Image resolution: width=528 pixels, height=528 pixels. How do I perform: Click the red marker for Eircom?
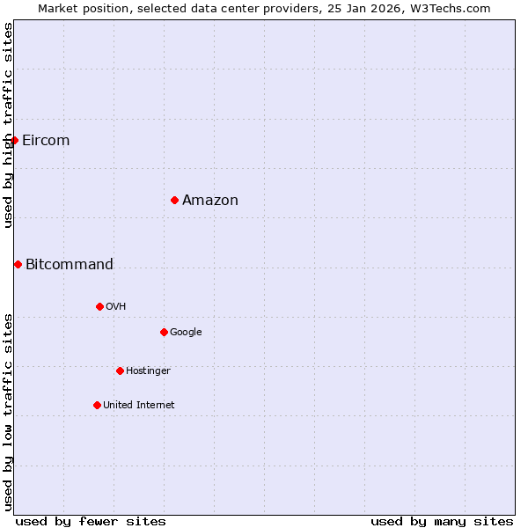(x=14, y=140)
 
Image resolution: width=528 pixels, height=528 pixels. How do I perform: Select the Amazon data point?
(x=174, y=201)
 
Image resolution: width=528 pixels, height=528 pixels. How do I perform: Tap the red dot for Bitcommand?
(x=18, y=264)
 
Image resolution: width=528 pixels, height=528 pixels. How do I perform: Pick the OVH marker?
(x=99, y=306)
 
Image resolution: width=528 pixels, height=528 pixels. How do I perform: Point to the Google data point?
(x=164, y=332)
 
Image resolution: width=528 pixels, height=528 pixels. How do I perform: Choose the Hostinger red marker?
(x=120, y=370)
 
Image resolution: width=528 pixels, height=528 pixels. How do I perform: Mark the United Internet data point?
(x=97, y=405)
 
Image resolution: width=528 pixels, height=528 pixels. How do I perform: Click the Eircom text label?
(x=46, y=141)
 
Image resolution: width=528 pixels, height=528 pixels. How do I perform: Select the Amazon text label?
(x=210, y=201)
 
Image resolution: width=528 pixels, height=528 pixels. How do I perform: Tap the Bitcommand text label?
(x=70, y=265)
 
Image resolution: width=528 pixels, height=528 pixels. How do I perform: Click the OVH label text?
(x=115, y=306)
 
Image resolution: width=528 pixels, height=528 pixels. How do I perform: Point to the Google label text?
(x=186, y=332)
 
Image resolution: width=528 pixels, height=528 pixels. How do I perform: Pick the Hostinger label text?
(x=148, y=370)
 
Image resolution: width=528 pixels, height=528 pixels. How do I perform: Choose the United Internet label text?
(x=138, y=405)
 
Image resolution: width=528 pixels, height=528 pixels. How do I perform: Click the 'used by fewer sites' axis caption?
(x=91, y=521)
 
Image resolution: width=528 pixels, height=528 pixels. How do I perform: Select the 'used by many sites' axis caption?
(x=442, y=521)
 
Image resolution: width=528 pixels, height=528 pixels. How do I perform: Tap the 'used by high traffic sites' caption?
(x=8, y=125)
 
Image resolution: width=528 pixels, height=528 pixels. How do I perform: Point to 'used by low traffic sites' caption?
(x=8, y=411)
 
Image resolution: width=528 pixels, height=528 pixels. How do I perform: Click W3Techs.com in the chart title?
(x=457, y=8)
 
